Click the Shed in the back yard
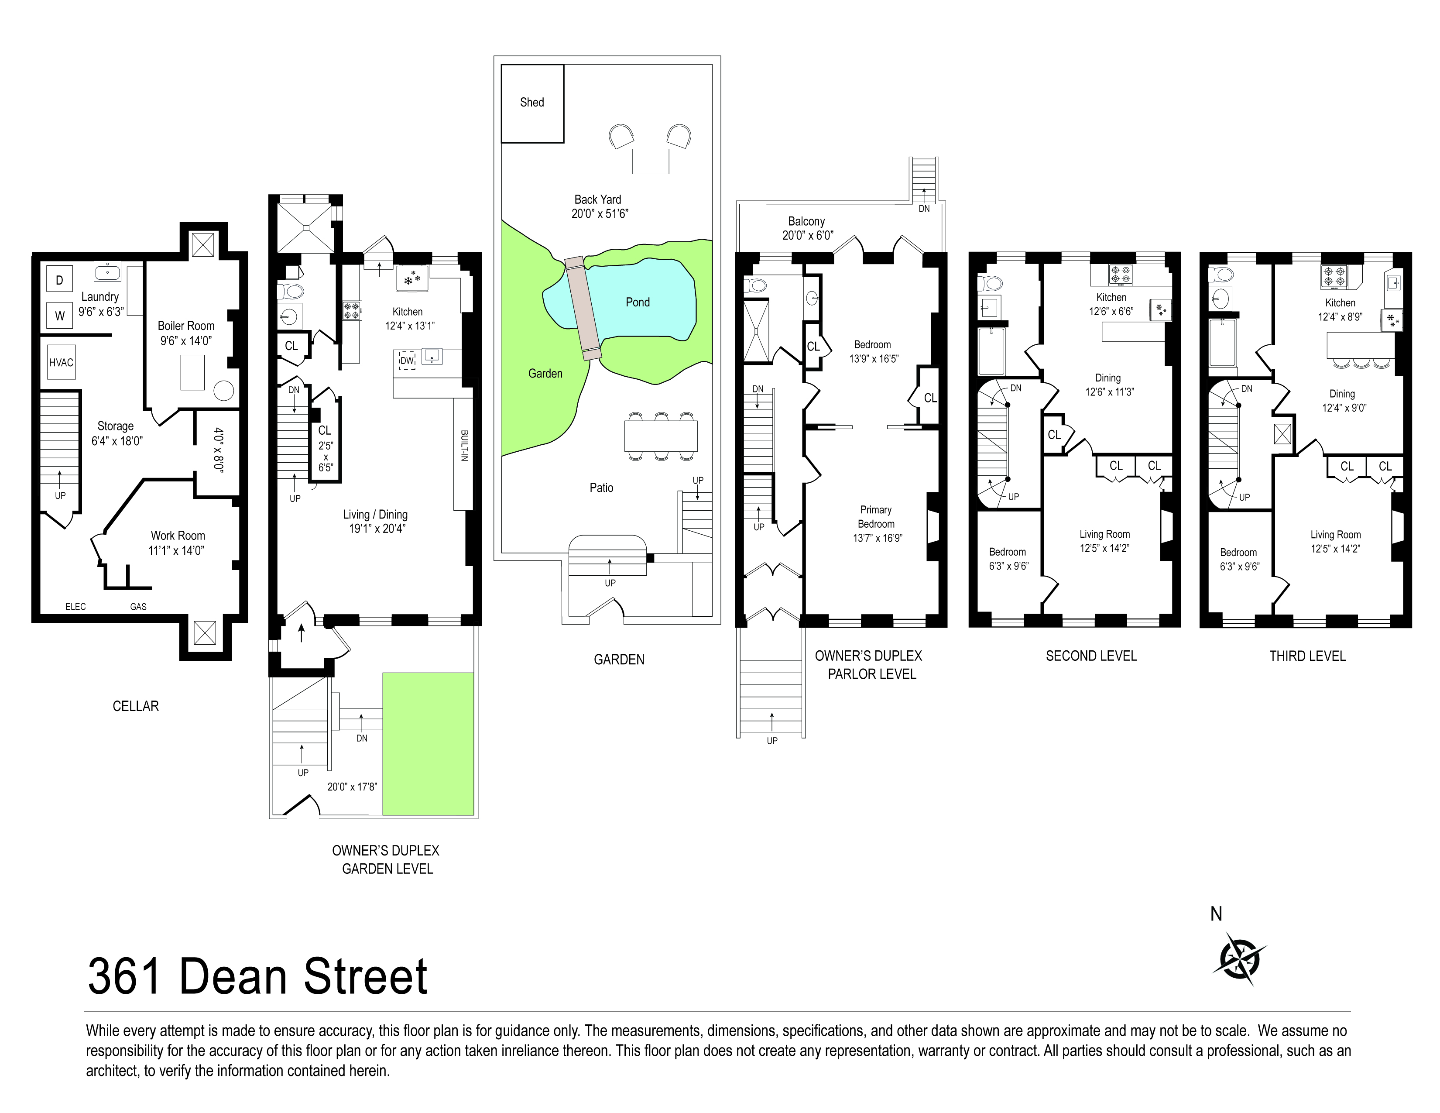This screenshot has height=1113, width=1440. [532, 103]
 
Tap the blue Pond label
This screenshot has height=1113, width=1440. [637, 302]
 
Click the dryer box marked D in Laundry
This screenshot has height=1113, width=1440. [59, 280]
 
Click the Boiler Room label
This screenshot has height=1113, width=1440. [186, 326]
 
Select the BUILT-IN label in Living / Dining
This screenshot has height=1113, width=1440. [464, 446]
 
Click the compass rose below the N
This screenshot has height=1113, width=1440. [1239, 959]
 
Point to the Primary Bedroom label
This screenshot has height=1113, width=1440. [876, 517]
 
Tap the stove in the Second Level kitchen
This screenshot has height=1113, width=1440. [1120, 274]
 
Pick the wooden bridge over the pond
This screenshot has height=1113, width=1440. [583, 308]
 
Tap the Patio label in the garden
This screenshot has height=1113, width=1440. [601, 488]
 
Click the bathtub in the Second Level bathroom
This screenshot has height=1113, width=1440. [991, 351]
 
